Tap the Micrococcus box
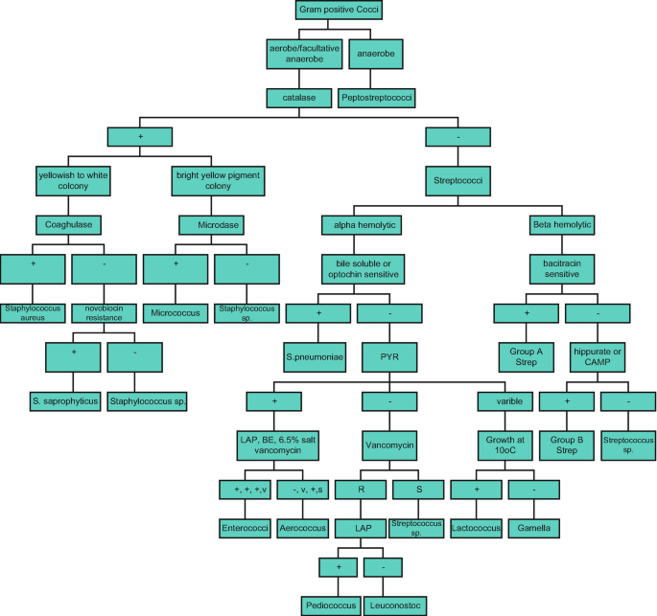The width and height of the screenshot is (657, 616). pyautogui.click(x=176, y=312)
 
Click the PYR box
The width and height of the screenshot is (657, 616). pyautogui.click(x=389, y=356)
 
